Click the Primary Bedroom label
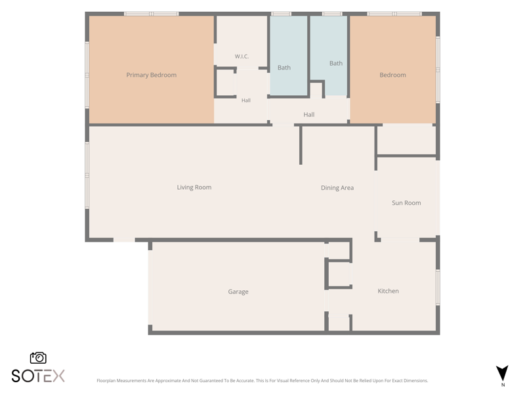click(x=152, y=75)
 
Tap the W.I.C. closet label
click(x=241, y=56)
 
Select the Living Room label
click(x=194, y=187)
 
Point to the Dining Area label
click(x=337, y=188)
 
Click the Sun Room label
click(x=406, y=203)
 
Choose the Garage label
click(x=238, y=292)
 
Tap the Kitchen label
click(x=388, y=291)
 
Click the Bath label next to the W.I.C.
click(x=284, y=68)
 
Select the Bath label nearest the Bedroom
click(x=336, y=63)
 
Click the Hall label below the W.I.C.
click(x=245, y=100)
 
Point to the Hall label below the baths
click(x=308, y=114)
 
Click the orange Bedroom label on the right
click(x=392, y=75)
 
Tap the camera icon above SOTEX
click(x=38, y=358)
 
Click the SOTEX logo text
click(x=38, y=376)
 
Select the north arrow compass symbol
click(x=502, y=373)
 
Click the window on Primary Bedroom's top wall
click(x=152, y=14)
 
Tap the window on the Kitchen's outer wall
click(x=438, y=287)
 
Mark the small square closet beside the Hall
click(x=225, y=83)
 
